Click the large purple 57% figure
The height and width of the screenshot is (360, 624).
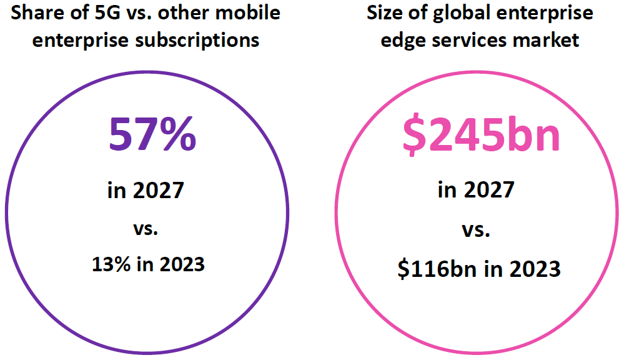pos(152,136)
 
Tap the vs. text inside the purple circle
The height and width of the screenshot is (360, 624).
pos(146,228)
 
